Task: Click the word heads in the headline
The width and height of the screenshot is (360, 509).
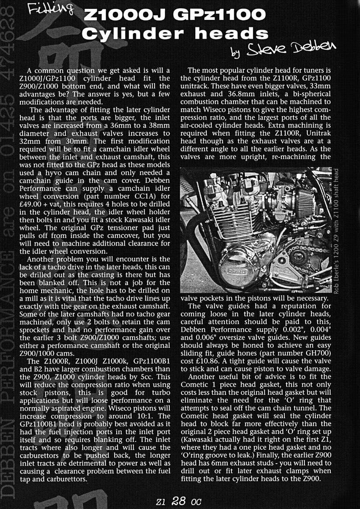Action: pyautogui.click(x=232, y=34)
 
